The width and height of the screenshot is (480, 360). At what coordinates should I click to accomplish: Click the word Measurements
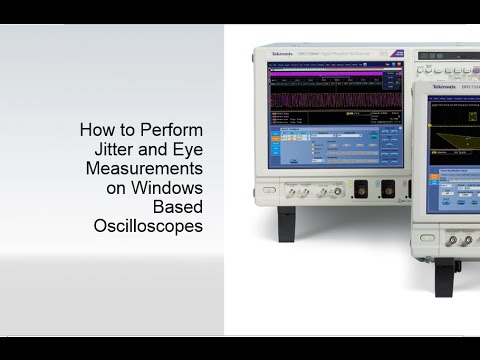[144, 168]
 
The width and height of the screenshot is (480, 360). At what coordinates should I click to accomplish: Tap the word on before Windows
[119, 187]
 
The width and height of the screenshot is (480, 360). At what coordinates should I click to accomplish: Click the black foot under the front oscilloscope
[456, 267]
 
